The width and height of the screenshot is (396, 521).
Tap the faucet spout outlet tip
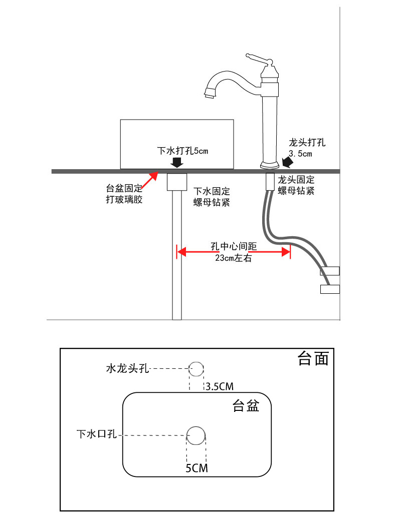tap(210, 96)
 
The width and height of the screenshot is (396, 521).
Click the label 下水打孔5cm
tap(182, 151)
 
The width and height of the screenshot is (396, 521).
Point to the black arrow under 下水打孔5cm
tap(177, 163)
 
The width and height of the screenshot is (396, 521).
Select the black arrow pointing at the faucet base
tap(288, 163)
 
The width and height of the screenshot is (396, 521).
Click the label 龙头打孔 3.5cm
tap(306, 148)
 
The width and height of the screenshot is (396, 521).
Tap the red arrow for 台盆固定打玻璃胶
tap(149, 181)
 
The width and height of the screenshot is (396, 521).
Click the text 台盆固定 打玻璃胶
tap(124, 194)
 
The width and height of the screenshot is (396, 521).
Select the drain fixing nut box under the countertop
tap(177, 182)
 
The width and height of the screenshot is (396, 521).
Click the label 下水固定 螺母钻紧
tap(212, 197)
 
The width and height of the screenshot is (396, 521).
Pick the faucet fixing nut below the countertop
tap(270, 182)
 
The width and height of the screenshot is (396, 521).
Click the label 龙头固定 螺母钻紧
tap(296, 185)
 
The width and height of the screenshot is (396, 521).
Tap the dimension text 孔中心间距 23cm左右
tap(234, 252)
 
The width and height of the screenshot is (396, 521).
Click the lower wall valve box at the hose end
tap(330, 289)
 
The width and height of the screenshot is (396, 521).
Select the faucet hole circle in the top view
tap(196, 369)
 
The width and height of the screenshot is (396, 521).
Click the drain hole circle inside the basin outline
tap(195, 435)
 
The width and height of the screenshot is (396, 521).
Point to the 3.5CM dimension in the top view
tap(220, 386)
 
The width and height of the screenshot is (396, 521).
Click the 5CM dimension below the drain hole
tap(196, 468)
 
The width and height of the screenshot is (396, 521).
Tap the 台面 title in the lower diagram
tap(313, 358)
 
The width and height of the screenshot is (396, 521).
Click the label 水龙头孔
tap(127, 368)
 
